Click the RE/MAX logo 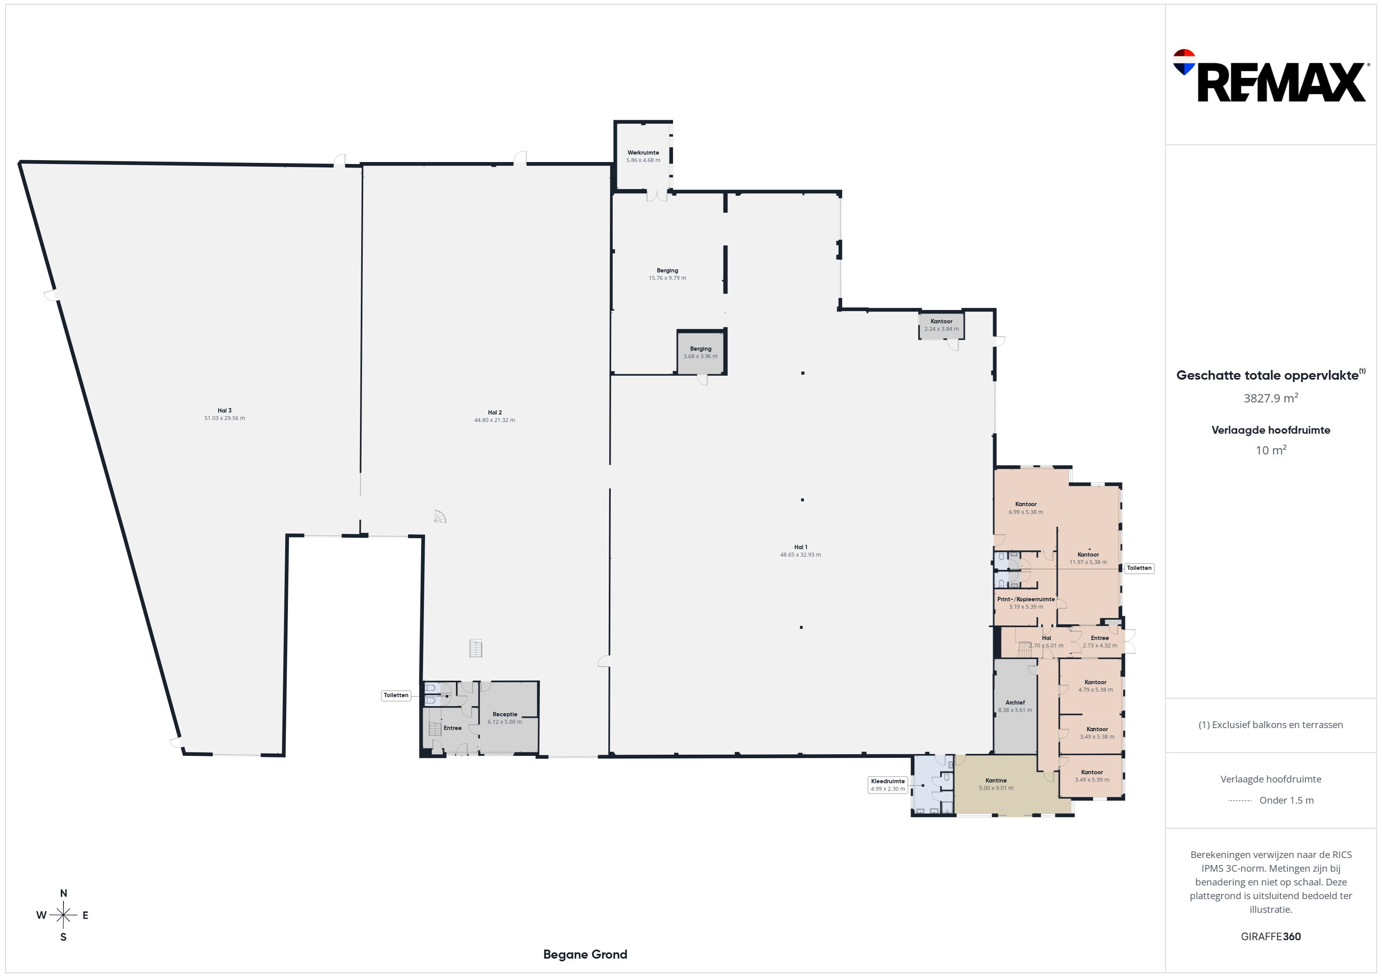point(1270,76)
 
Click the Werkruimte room point(643,157)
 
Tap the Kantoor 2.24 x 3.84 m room point(941,325)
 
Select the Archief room point(1015,706)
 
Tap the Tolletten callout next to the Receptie point(396,696)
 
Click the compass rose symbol point(63,915)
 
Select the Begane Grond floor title point(585,955)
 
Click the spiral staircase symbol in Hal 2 point(440,517)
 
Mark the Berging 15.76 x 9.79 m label point(667,274)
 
